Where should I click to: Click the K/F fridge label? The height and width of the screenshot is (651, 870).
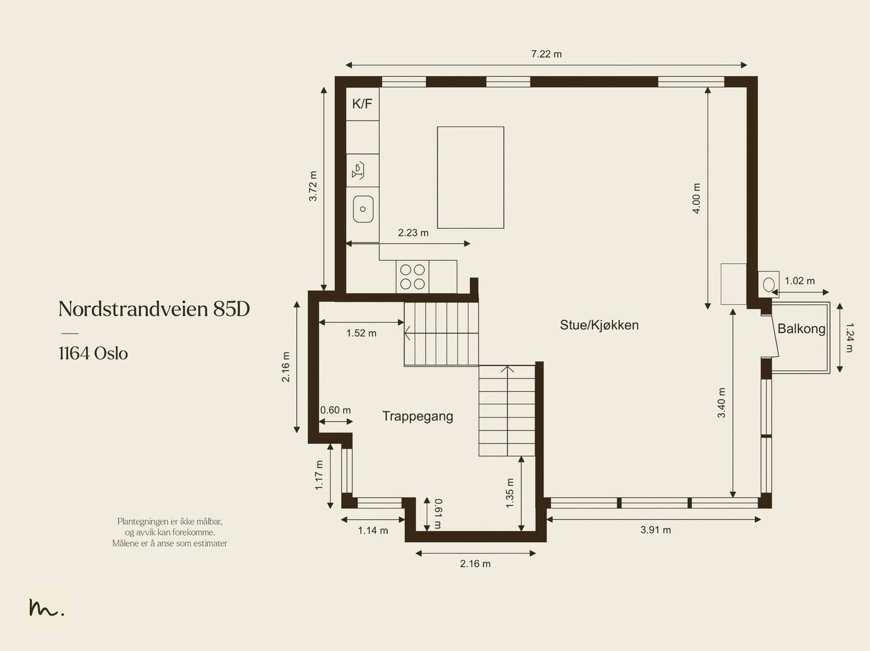point(362,103)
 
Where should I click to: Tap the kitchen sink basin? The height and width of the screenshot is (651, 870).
point(363,209)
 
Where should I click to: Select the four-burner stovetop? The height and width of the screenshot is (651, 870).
point(412,277)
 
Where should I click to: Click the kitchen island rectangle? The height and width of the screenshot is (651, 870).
point(470,178)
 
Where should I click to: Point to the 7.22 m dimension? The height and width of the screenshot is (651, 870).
point(546,54)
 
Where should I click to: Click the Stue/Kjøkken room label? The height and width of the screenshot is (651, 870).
point(599,325)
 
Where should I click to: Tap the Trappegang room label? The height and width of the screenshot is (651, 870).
point(418,416)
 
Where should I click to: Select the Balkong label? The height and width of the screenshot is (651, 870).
point(801,329)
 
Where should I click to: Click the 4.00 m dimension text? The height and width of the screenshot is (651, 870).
point(697,198)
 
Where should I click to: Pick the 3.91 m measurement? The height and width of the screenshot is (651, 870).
point(655,530)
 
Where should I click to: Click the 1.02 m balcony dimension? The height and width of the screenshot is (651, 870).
point(799,281)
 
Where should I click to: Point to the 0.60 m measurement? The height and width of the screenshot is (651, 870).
point(335,410)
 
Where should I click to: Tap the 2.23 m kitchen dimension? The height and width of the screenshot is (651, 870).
point(413,233)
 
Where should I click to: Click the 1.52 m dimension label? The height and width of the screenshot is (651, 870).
point(361,333)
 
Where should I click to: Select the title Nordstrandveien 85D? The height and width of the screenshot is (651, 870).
point(154,309)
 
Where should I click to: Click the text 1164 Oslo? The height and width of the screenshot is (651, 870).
point(93,354)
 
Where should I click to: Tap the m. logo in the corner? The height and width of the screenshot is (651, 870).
point(46,608)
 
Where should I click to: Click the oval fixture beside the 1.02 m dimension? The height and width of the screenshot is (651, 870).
point(769,284)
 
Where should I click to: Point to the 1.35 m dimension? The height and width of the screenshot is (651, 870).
point(510,493)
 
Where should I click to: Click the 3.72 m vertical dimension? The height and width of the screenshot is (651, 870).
point(313,186)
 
